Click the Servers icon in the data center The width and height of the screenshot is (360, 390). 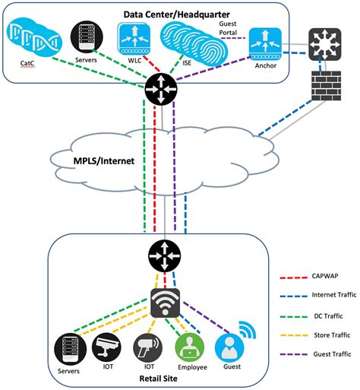[83, 36]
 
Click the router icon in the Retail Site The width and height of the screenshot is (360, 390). [164, 255]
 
